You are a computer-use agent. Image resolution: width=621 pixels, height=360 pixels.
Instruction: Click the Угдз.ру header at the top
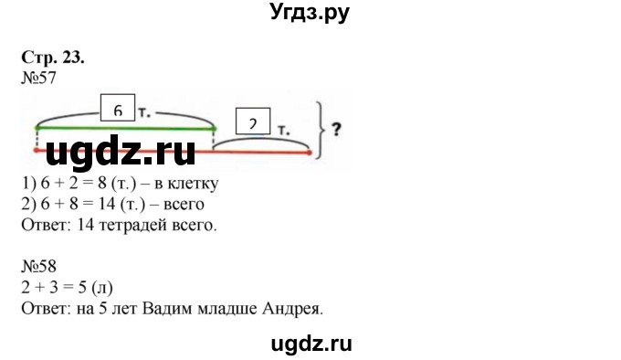tap(310, 13)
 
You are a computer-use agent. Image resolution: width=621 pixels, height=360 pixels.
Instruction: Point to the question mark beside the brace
tap(336, 130)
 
